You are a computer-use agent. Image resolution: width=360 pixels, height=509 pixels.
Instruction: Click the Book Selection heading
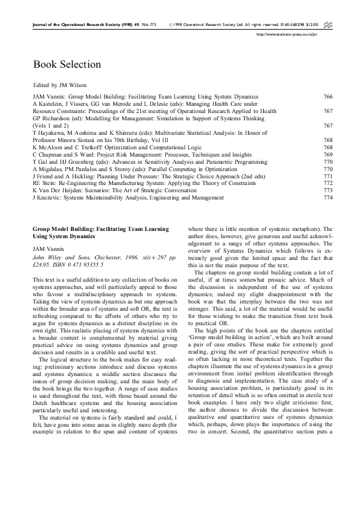tap(67, 64)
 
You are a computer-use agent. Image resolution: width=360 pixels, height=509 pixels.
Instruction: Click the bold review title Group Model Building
tap(100, 231)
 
